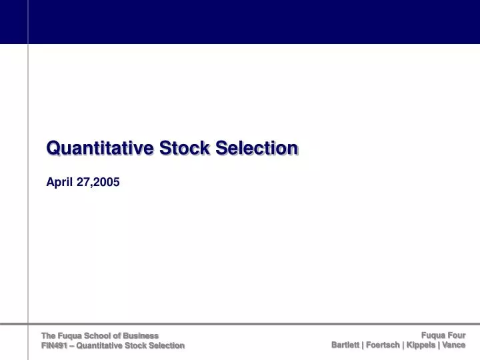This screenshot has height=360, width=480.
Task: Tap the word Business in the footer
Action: coord(143,335)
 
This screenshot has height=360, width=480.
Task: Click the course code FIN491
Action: coord(55,345)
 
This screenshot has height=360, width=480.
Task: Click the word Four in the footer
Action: coord(456,335)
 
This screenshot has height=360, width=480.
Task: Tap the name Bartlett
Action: coord(345,345)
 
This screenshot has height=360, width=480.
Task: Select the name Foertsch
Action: coord(383,345)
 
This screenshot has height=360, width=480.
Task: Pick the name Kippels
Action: coord(421,345)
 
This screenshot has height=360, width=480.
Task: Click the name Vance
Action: coord(454,345)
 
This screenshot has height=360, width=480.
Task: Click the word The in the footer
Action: coord(49,335)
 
